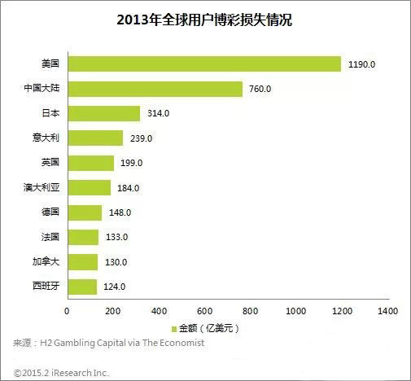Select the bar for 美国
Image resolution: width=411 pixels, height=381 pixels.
point(203,63)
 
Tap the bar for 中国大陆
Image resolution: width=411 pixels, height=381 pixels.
point(155,89)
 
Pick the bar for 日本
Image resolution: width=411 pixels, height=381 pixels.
point(103,113)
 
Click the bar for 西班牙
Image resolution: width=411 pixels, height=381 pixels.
point(81,287)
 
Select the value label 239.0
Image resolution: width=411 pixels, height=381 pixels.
point(141,138)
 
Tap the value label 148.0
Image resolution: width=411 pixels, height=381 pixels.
point(120,212)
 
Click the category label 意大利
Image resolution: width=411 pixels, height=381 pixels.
point(50,138)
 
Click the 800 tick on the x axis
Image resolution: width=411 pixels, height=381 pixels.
point(250,310)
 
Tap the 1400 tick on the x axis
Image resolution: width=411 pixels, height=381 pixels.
point(387,310)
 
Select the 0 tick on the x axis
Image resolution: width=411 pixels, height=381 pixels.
point(67,310)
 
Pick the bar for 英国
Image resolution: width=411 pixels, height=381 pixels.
point(90,163)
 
